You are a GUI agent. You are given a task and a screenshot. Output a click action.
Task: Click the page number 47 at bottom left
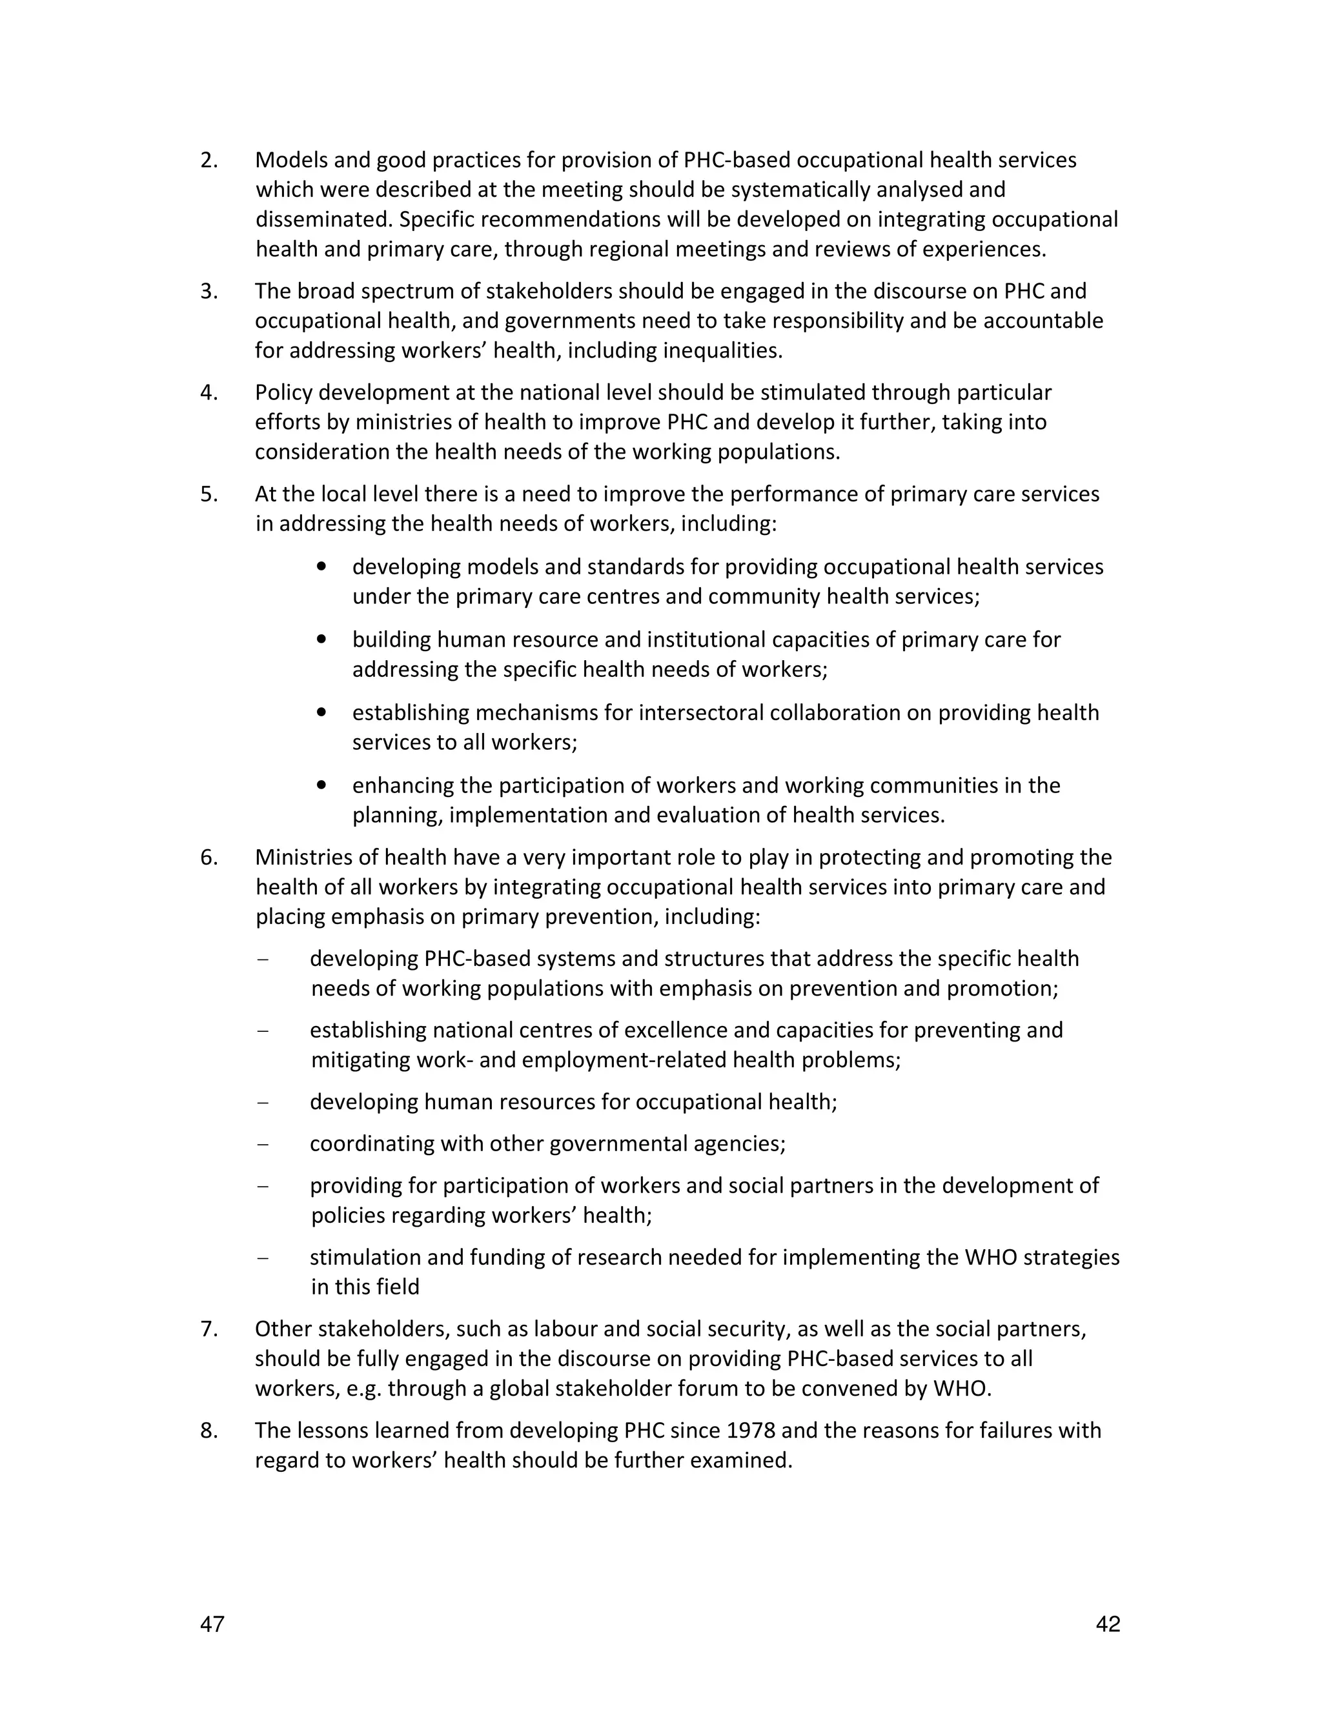tap(212, 1625)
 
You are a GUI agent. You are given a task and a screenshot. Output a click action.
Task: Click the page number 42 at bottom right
tap(1108, 1625)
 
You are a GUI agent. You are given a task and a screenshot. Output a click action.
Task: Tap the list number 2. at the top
tap(208, 161)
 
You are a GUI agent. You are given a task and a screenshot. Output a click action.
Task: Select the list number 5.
tap(208, 494)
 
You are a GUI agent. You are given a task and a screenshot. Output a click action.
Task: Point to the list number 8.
tap(208, 1431)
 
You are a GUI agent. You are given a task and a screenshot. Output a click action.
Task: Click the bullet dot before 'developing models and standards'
tap(321, 566)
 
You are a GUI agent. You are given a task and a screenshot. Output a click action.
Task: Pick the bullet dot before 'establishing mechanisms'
tap(321, 712)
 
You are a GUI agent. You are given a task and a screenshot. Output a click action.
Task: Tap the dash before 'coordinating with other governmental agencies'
tap(262, 1144)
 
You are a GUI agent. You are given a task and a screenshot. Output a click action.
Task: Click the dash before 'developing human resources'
tap(262, 1102)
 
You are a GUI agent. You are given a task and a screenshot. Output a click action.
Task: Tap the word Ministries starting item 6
tap(304, 858)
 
